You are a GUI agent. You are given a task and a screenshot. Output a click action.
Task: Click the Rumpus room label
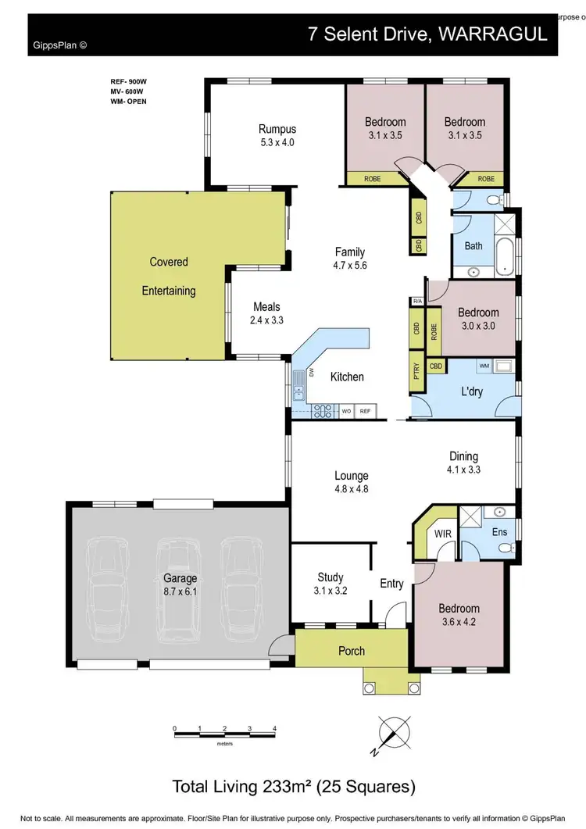tap(277, 135)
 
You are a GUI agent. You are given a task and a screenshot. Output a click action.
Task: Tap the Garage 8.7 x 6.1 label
tap(180, 584)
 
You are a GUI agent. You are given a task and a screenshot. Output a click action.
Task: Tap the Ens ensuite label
tap(500, 532)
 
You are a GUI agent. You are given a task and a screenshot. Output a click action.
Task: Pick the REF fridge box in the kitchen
tap(365, 410)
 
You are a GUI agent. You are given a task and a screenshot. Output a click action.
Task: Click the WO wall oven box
tap(345, 410)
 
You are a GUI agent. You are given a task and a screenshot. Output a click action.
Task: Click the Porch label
tap(352, 651)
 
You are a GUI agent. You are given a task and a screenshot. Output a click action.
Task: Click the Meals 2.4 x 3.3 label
tap(266, 313)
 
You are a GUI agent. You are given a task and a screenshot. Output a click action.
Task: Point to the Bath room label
tap(473, 245)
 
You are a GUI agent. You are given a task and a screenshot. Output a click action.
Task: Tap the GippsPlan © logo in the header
tap(59, 45)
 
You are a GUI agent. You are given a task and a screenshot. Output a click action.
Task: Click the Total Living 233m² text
tap(293, 785)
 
